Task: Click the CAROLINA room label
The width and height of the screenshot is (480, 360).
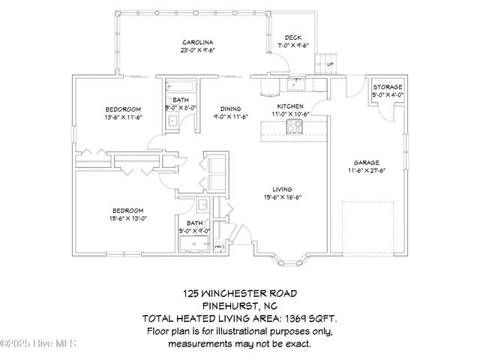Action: [x=198, y=42]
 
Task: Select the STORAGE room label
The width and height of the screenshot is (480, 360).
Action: [x=388, y=87]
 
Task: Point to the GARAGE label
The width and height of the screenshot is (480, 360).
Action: [x=367, y=162]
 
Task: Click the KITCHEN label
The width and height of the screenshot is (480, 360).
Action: [x=291, y=106]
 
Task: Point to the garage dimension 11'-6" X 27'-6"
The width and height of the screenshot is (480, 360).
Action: [x=367, y=170]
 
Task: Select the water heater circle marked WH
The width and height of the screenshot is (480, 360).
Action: [x=220, y=245]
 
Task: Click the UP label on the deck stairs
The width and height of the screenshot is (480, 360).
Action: [x=330, y=64]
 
